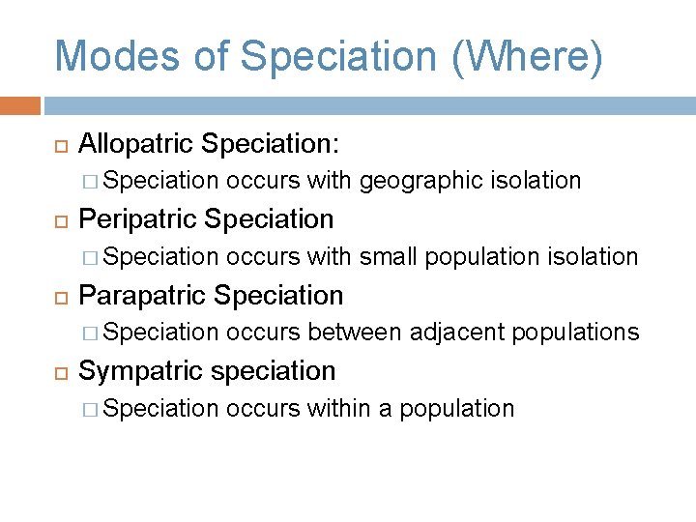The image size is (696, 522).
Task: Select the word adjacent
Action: pyautogui.click(x=457, y=333)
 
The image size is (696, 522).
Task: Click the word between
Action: pyautogui.click(x=355, y=333)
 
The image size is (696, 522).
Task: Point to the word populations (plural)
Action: pyautogui.click(x=575, y=333)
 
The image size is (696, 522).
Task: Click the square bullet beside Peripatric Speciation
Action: pyautogui.click(x=60, y=220)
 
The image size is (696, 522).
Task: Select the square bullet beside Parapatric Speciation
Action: pyautogui.click(x=60, y=296)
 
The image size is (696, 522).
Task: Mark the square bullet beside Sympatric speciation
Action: pyautogui.click(x=60, y=371)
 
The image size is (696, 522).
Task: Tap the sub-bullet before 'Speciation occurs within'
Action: pyautogui.click(x=92, y=409)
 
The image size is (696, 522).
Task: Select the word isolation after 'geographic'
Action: pyautogui.click(x=536, y=181)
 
